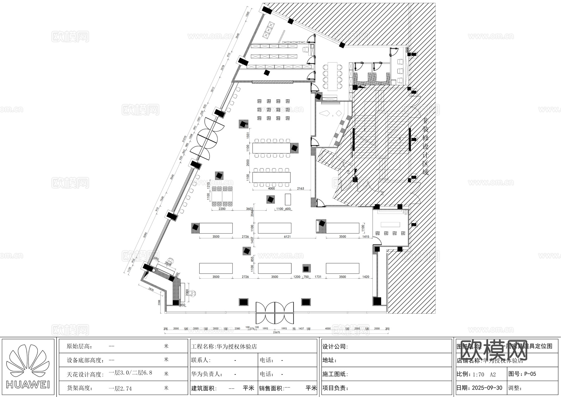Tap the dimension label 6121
click(x=287, y=237)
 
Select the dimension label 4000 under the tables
click(x=271, y=189)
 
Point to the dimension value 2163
click(x=300, y=189)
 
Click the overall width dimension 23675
click(x=276, y=332)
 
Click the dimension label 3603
click(x=249, y=209)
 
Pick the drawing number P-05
click(x=530, y=374)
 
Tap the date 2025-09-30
click(x=487, y=388)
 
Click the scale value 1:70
click(x=478, y=374)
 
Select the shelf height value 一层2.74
click(x=120, y=389)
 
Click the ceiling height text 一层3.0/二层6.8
click(x=130, y=373)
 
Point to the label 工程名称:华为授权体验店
click(x=224, y=346)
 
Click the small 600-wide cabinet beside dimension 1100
click(x=288, y=199)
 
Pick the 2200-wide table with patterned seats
click(x=222, y=196)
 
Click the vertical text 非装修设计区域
click(x=425, y=146)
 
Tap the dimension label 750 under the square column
click(x=306, y=277)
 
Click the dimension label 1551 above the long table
click(x=248, y=135)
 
